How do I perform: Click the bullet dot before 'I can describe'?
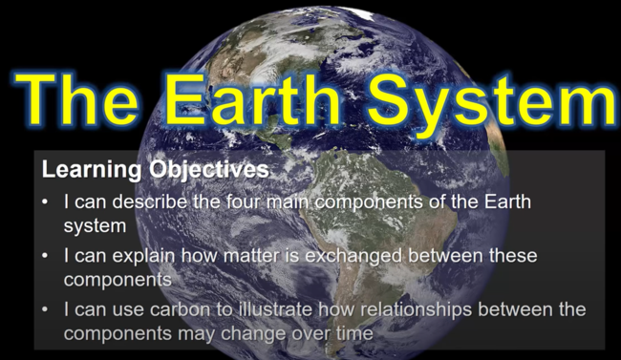tap(49, 203)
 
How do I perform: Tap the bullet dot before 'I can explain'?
tap(49, 257)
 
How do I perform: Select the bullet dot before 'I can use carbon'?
tap(49, 311)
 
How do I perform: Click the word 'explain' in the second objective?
tap(141, 257)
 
